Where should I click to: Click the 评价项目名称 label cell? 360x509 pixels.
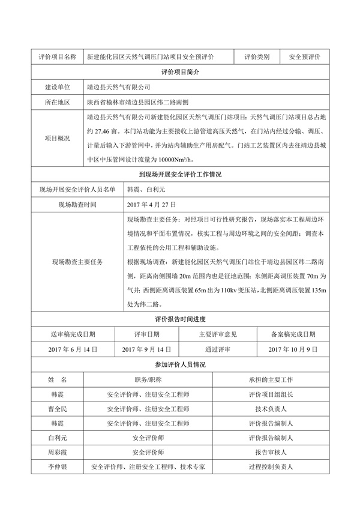tap(57, 57)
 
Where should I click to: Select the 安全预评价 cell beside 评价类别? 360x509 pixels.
tap(305, 57)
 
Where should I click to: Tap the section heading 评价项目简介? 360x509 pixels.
tap(180, 71)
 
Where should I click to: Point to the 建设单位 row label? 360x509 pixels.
tap(57, 87)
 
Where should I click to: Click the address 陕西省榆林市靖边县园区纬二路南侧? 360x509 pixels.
tap(141, 103)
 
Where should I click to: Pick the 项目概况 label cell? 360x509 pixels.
tap(57, 138)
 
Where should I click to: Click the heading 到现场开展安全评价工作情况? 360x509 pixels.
tap(180, 175)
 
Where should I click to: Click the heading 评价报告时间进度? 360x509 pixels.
tap(180, 319)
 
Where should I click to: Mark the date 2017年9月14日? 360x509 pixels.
tap(147, 349)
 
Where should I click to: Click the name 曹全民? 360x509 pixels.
tap(57, 409)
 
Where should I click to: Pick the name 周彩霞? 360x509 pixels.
tap(57, 452)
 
